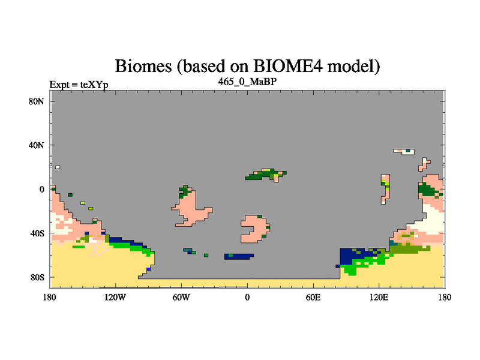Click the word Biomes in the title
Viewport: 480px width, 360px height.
tap(143, 66)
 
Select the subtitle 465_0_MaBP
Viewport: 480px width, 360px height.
tap(247, 82)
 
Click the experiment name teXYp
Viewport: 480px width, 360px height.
tap(94, 85)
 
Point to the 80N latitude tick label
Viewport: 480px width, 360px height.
tap(37, 101)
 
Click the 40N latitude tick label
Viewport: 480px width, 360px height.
tap(37, 145)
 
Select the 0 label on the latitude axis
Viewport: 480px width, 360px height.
tap(41, 189)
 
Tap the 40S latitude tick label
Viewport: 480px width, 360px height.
tap(37, 233)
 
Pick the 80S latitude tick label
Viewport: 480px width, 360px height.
tap(37, 277)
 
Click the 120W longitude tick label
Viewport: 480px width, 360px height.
tap(115, 297)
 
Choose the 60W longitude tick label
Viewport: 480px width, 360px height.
tap(181, 297)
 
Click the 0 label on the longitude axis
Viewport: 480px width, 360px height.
tap(247, 297)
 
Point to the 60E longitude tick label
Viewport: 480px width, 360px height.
tap(313, 297)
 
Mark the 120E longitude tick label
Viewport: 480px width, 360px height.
tap(379, 297)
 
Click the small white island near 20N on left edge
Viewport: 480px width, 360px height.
tap(58, 167)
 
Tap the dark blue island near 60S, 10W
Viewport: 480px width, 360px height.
tap(239, 257)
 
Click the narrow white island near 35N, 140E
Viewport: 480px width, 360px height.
tap(404, 152)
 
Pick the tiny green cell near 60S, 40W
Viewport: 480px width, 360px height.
tap(206, 256)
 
